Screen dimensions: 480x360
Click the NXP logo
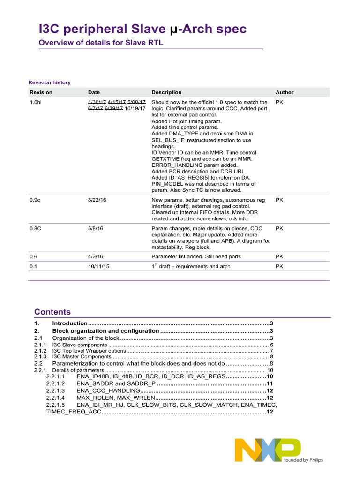[x=268, y=450]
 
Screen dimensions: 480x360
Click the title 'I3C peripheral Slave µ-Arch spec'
[x=142, y=29]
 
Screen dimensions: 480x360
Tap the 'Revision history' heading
[x=50, y=82]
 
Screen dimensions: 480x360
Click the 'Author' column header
[x=285, y=92]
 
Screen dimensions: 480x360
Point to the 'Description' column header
[x=166, y=92]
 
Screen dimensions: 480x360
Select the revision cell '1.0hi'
[x=36, y=102]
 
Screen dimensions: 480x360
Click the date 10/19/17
[x=136, y=108]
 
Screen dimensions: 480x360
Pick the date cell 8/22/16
[x=97, y=200]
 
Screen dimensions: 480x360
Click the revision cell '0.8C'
[x=36, y=228]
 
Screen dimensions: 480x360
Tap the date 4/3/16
[x=96, y=256]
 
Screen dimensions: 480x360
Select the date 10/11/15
[x=98, y=266]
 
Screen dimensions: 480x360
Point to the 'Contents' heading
[x=52, y=312]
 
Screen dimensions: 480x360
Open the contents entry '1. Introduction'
[x=70, y=323]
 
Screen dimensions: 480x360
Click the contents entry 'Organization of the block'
[x=86, y=338]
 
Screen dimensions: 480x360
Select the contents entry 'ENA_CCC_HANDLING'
[x=108, y=390]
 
